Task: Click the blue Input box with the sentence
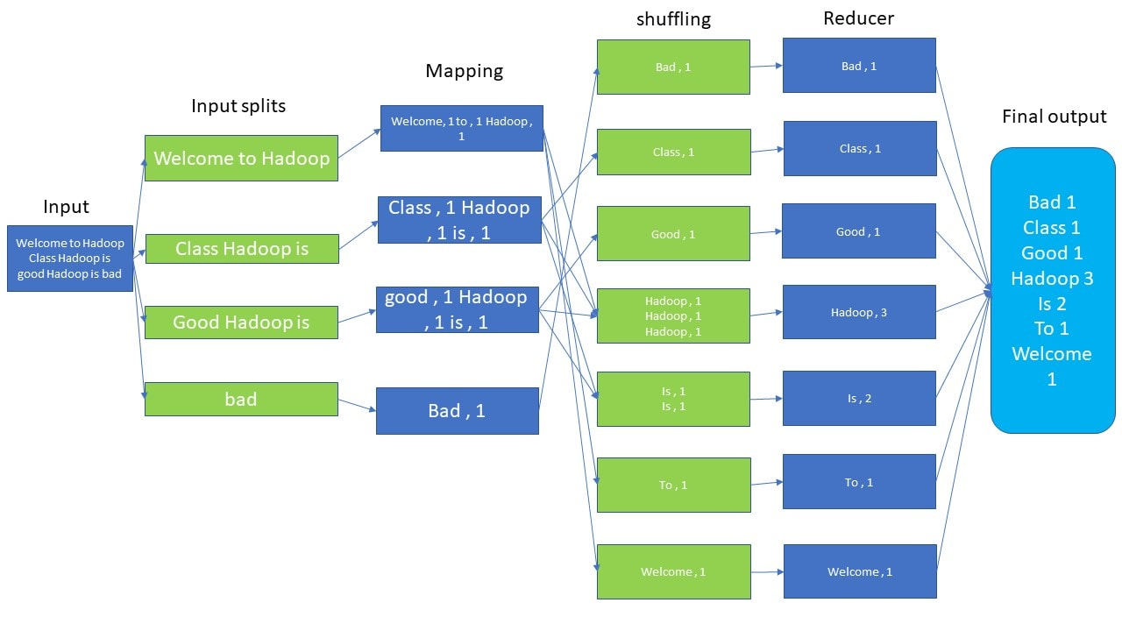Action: pyautogui.click(x=70, y=259)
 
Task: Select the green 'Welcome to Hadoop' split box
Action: pyautogui.click(x=241, y=159)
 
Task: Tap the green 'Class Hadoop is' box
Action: pyautogui.click(x=241, y=249)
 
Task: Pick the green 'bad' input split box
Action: pyautogui.click(x=241, y=400)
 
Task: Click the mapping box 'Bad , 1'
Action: pyautogui.click(x=457, y=411)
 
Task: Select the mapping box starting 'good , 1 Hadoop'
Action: pyautogui.click(x=457, y=309)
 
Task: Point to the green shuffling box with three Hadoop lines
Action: pyautogui.click(x=673, y=315)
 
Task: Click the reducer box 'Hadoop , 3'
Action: pyautogui.click(x=859, y=312)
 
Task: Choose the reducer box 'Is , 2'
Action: pyautogui.click(x=859, y=398)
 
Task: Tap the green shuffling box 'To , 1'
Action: pyautogui.click(x=673, y=485)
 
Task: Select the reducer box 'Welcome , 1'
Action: pyautogui.click(x=860, y=571)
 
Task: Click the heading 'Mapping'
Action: pyautogui.click(x=464, y=71)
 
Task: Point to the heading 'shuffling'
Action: pyautogui.click(x=673, y=19)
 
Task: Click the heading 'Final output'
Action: pyautogui.click(x=1055, y=117)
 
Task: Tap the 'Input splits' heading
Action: pyautogui.click(x=238, y=106)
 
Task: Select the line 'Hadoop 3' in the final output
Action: pyautogui.click(x=1052, y=279)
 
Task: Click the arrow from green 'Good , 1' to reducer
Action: pyautogui.click(x=766, y=232)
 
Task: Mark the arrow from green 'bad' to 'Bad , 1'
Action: pyautogui.click(x=357, y=405)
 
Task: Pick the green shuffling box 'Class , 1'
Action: pyautogui.click(x=673, y=152)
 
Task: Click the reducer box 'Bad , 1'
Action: pyautogui.click(x=859, y=66)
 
